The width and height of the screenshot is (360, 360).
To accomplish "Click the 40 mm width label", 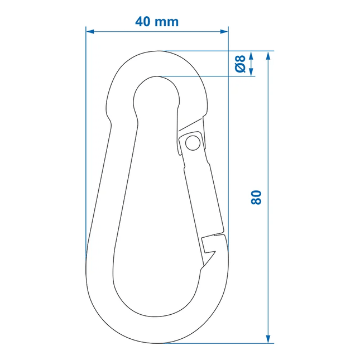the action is coord(157,22).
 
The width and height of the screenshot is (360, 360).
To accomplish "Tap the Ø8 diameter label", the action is coord(241,64).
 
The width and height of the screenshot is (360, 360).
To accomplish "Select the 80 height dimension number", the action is coord(256,197).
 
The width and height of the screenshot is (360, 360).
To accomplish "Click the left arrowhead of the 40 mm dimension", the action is coord(90,31).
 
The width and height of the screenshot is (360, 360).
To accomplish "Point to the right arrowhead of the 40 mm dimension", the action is coord(224,31).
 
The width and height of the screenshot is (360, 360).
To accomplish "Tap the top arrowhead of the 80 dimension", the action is coord(268,56).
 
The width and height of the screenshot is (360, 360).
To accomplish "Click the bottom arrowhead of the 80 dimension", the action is coord(268,339).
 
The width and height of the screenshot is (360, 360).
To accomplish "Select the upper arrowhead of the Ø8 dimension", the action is coord(251,55).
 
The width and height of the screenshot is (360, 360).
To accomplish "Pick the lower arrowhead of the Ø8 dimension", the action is coord(251,71).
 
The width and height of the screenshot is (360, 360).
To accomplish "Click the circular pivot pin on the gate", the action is coord(193,143).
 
